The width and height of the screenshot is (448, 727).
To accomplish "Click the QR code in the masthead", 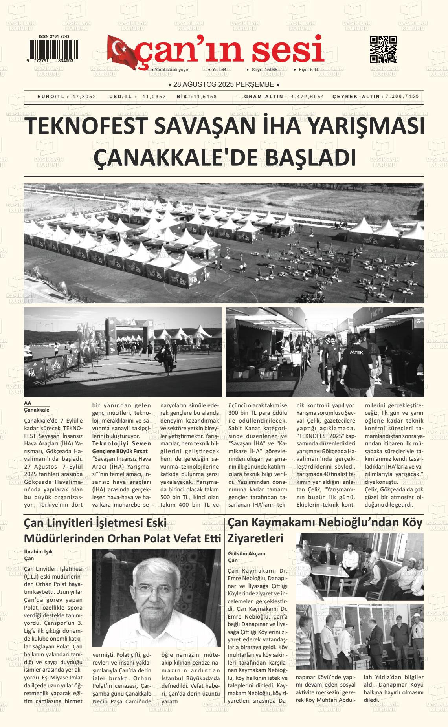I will pyautogui.click(x=383, y=49).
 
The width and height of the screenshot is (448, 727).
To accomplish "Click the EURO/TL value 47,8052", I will pyautogui.click(x=84, y=97).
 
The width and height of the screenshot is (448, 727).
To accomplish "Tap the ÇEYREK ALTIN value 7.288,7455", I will pyautogui.click(x=402, y=96).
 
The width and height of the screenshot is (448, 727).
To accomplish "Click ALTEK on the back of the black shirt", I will pyautogui.click(x=356, y=352).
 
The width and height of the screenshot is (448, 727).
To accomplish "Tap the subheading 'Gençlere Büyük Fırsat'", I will pyautogui.click(x=119, y=451).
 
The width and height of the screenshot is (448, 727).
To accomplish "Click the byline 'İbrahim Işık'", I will pyautogui.click(x=38, y=551).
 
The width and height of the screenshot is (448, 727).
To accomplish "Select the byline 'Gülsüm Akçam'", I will pyautogui.click(x=246, y=554).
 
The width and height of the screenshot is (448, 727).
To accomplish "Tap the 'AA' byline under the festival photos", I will pyautogui.click(x=28, y=403).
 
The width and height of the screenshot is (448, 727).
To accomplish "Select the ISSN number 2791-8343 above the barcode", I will pyautogui.click(x=54, y=37).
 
